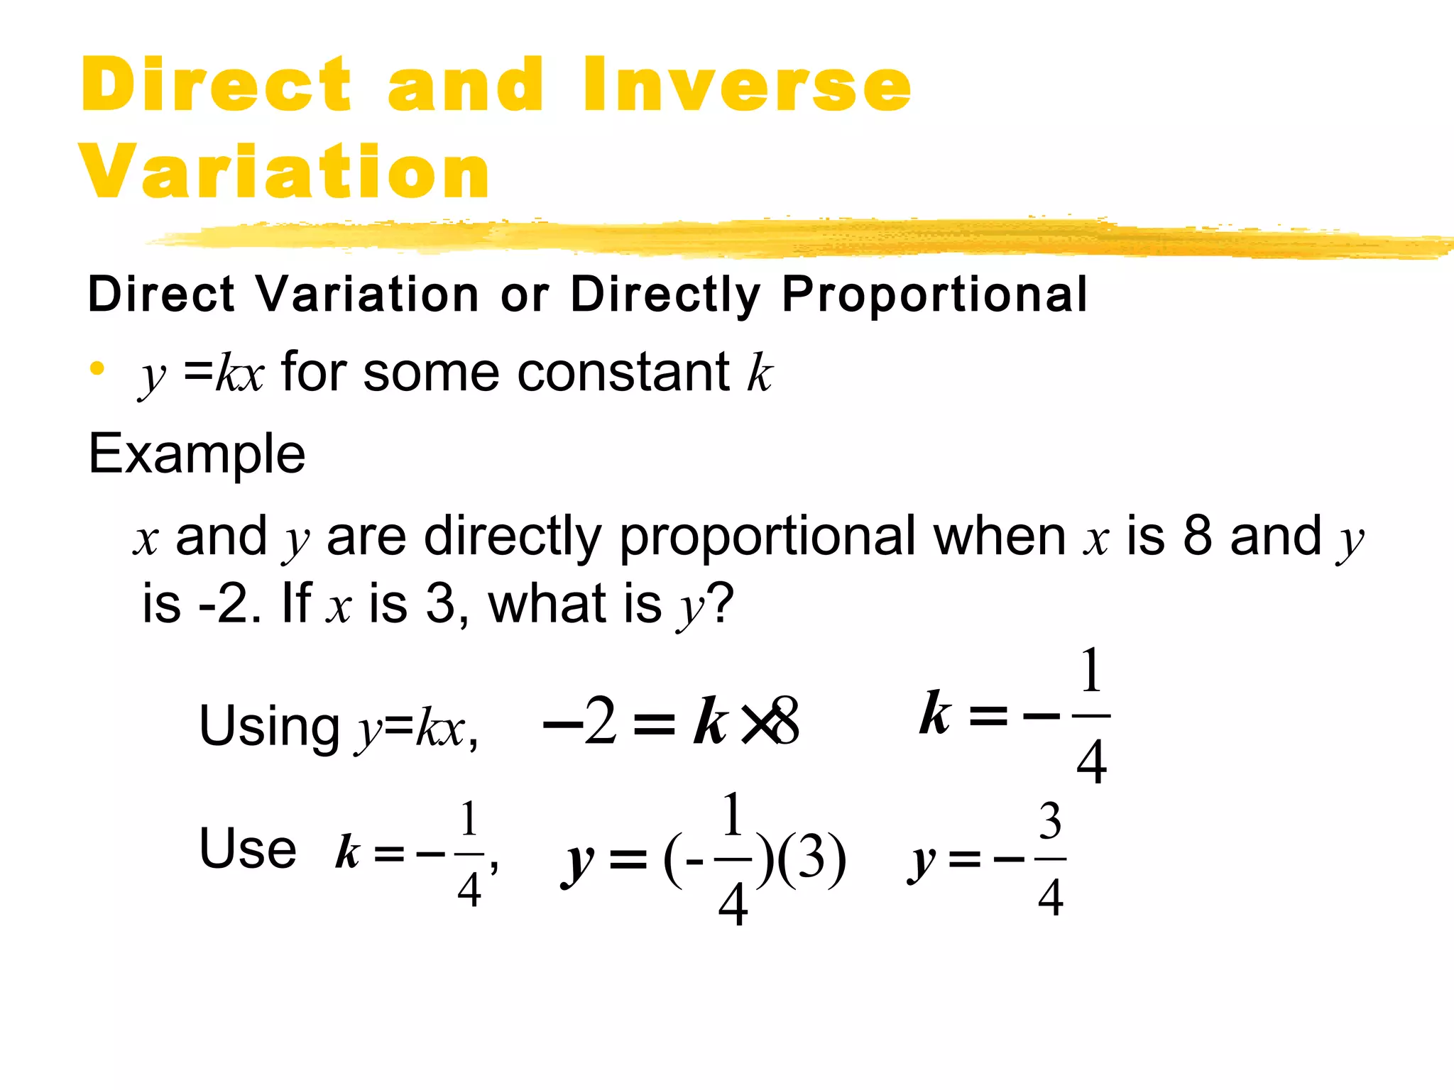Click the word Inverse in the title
[747, 84]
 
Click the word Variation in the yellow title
[285, 171]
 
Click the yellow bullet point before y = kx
[97, 369]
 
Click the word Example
[197, 453]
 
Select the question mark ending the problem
[721, 603]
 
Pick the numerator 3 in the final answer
[1050, 821]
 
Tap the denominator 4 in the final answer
[1051, 898]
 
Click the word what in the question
[547, 603]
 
